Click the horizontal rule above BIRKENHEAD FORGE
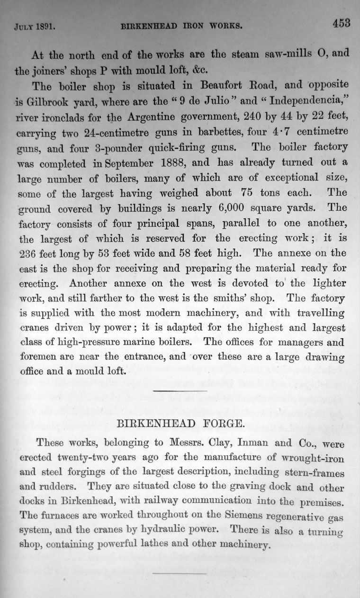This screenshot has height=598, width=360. pos(180,390)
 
